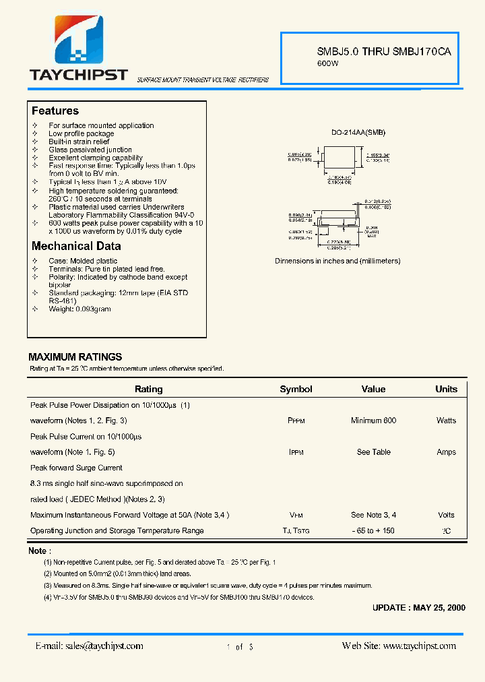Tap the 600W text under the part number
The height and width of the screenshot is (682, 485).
(328, 63)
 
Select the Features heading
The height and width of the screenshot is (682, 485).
(55, 111)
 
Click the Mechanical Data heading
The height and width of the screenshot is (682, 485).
(76, 246)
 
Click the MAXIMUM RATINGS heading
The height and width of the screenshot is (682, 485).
(75, 356)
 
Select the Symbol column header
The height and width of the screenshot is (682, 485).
(296, 389)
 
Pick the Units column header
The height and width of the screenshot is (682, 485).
(446, 389)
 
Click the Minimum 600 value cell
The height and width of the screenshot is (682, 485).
(373, 421)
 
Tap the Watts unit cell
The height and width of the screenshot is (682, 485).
(446, 421)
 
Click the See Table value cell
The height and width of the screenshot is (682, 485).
(373, 452)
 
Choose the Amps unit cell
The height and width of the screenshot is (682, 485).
(446, 452)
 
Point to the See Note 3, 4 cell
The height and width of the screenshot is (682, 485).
(373, 515)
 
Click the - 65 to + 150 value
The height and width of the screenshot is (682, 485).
(373, 530)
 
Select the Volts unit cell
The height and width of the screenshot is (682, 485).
(446, 515)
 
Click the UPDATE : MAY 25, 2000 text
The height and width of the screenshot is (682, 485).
(418, 607)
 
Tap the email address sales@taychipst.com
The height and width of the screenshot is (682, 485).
(89, 646)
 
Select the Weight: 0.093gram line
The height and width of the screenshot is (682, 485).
(79, 309)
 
